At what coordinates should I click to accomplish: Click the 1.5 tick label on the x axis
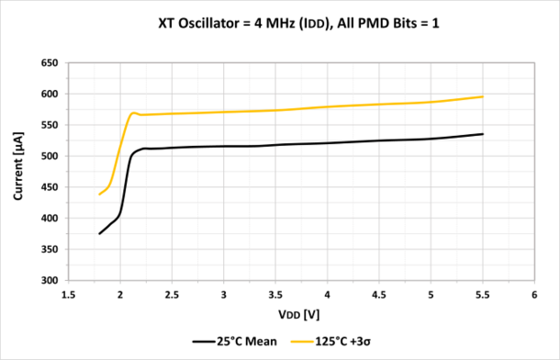click(x=69, y=295)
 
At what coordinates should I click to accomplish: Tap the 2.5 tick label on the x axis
click(x=173, y=295)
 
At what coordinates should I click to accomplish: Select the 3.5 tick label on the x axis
click(x=275, y=295)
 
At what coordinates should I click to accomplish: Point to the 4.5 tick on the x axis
click(x=379, y=295)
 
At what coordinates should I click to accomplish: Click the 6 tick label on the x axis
click(x=534, y=295)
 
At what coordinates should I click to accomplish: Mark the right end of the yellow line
click(x=483, y=96)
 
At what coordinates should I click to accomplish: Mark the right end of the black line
click(x=483, y=134)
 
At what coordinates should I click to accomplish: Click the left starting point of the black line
click(x=100, y=233)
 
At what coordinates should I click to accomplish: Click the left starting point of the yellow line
click(x=100, y=194)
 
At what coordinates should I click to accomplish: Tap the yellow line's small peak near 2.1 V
click(x=134, y=113)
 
